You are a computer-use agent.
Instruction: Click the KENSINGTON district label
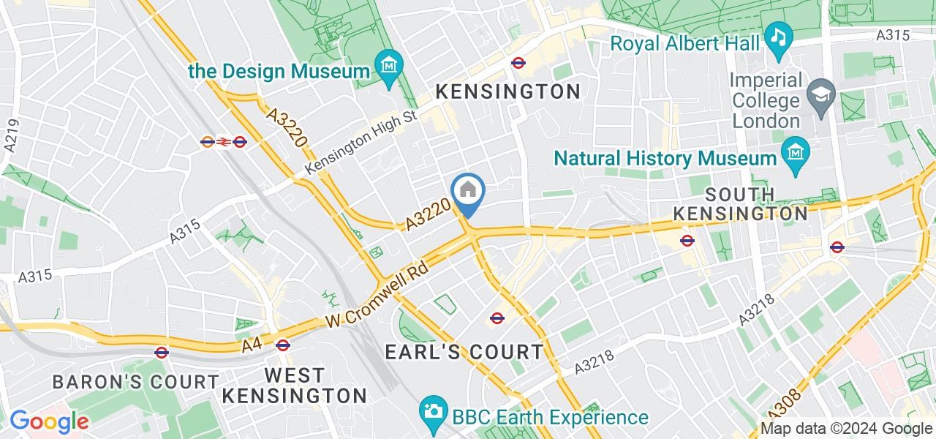(x=508, y=91)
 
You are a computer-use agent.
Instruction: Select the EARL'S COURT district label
(x=464, y=352)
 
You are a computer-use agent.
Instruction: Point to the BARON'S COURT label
(x=136, y=382)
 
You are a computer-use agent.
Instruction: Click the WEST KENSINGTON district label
(x=294, y=386)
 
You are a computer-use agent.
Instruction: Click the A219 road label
(x=10, y=136)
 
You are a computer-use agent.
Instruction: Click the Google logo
(x=49, y=421)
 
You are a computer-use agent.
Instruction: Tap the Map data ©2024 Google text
(x=847, y=429)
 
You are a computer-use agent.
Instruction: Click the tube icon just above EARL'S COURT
(x=497, y=318)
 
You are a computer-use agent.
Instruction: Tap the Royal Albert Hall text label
(x=685, y=43)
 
